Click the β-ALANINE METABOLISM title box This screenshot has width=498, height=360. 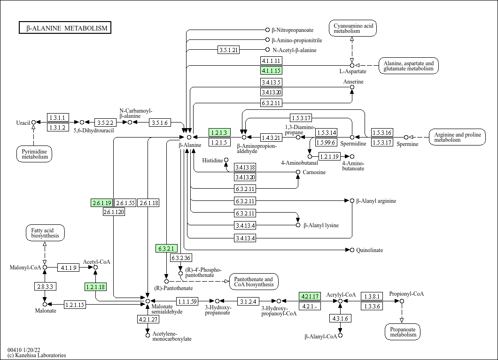(x=65, y=28)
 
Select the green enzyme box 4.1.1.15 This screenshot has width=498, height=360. (x=271, y=71)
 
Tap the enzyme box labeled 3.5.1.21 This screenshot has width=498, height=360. (x=229, y=50)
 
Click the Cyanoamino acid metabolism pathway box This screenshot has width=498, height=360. (x=353, y=28)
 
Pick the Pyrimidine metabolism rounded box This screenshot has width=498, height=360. (x=34, y=153)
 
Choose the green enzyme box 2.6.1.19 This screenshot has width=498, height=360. (x=101, y=203)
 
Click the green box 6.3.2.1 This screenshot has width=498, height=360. (x=166, y=248)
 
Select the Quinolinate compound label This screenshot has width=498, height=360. (x=369, y=250)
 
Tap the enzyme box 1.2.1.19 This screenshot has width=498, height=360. (x=329, y=156)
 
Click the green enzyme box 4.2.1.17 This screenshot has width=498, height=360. (x=310, y=296)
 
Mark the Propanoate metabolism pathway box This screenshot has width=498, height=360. (x=403, y=332)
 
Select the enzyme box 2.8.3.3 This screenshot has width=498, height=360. (x=45, y=286)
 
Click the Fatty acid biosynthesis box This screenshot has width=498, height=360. (x=45, y=233)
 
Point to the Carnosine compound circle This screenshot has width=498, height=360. (x=298, y=172)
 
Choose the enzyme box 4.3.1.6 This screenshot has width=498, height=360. (x=340, y=318)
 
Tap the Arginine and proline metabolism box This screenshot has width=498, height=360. (x=457, y=137)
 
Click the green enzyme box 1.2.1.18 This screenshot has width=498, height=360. (x=95, y=286)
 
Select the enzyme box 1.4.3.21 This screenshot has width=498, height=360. (x=271, y=138)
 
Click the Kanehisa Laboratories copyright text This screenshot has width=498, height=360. (x=37, y=355)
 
